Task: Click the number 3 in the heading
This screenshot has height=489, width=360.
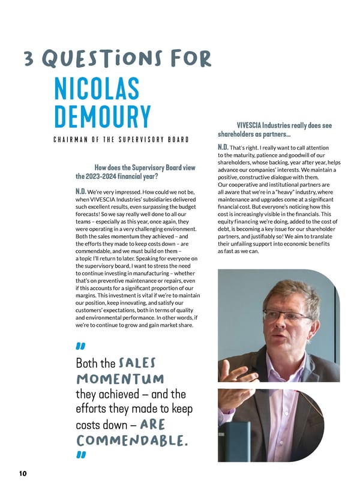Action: pos(28,59)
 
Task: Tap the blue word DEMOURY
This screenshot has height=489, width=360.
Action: pos(103,118)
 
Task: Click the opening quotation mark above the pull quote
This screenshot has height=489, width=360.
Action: pos(80,346)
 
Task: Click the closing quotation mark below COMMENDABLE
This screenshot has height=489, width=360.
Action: pos(80,456)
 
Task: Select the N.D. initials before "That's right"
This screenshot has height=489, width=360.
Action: pos(226,147)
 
